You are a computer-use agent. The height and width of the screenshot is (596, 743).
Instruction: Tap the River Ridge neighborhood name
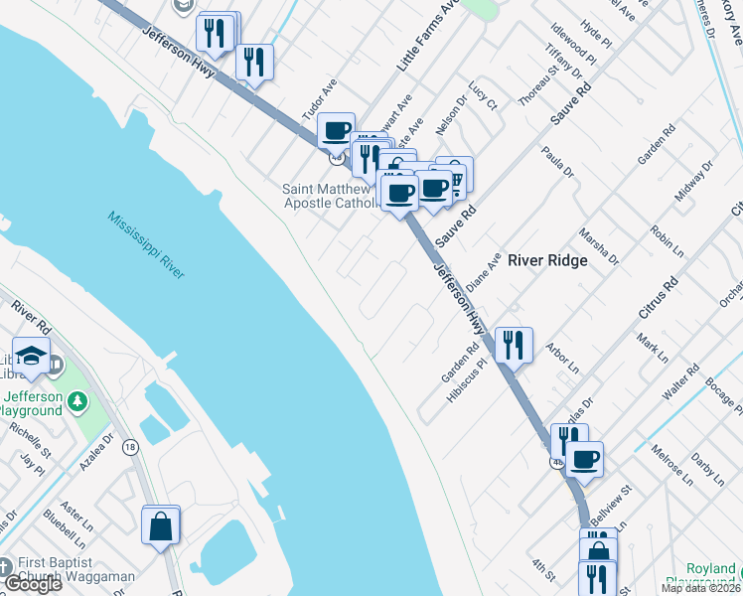tap(547, 260)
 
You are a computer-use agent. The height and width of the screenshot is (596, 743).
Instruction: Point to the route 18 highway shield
tap(130, 449)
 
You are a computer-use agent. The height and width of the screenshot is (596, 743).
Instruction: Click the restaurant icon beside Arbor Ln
tap(513, 345)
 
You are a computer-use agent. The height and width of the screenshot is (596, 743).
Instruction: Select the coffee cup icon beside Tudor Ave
tap(337, 130)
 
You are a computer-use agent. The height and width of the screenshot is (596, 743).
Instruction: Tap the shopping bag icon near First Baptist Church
tap(161, 526)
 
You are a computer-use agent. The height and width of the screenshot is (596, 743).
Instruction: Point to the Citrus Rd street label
tap(659, 297)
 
